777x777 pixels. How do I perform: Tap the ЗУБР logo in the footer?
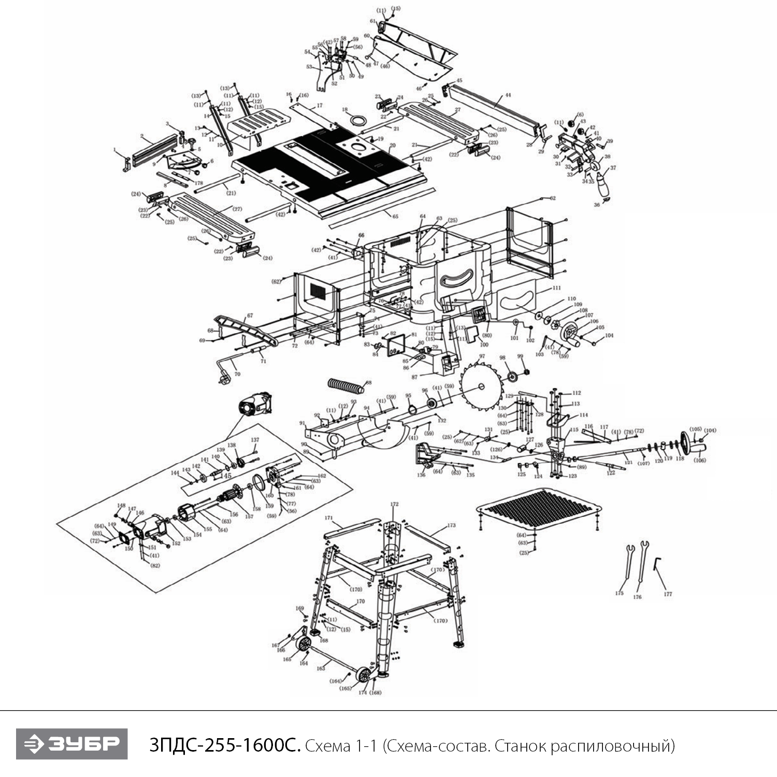[72, 744]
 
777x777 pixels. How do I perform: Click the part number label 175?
[619, 593]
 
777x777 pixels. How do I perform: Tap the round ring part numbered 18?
[357, 120]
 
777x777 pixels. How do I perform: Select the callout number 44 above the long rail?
[508, 95]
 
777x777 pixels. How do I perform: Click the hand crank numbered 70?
[228, 372]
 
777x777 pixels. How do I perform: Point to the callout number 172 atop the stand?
[394, 504]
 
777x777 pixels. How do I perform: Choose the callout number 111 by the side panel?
[556, 288]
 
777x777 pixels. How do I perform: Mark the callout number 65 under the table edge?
[395, 215]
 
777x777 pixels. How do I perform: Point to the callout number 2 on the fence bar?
[142, 136]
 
